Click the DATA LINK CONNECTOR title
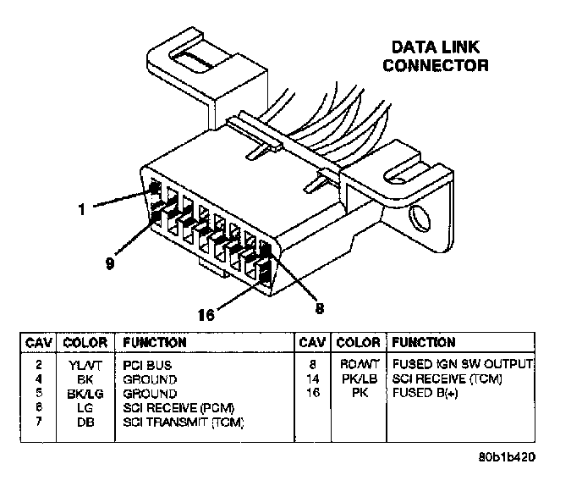click(x=436, y=56)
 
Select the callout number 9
click(x=109, y=263)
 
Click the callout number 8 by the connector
click(x=319, y=309)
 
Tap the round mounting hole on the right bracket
click(x=417, y=223)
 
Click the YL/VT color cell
click(x=84, y=365)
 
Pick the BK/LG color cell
click(x=84, y=394)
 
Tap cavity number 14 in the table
click(x=312, y=379)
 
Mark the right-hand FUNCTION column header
click(x=423, y=343)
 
